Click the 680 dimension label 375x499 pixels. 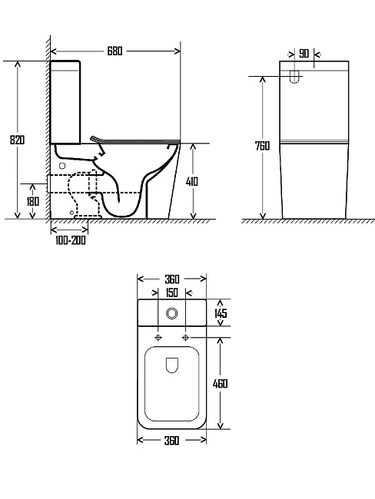[114, 51]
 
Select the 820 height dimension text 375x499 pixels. [17, 140]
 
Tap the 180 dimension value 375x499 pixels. [32, 201]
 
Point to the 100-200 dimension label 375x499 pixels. [71, 240]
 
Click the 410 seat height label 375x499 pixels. [192, 181]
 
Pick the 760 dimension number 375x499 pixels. [262, 146]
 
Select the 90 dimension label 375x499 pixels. [304, 54]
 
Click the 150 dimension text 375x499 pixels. [171, 292]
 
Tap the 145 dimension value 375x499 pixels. [221, 312]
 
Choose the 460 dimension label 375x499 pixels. [220, 384]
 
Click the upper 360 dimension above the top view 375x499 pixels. [172, 279]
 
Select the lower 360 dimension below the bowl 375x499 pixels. [171, 441]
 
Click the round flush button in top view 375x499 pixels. [171, 313]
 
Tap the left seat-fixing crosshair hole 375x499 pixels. [158, 337]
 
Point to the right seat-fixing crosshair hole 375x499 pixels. [185, 337]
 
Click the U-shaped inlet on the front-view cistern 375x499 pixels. [295, 77]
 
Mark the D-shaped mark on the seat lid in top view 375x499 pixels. [171, 365]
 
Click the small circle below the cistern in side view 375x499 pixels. [62, 166]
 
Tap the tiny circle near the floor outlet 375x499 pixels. [72, 212]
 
